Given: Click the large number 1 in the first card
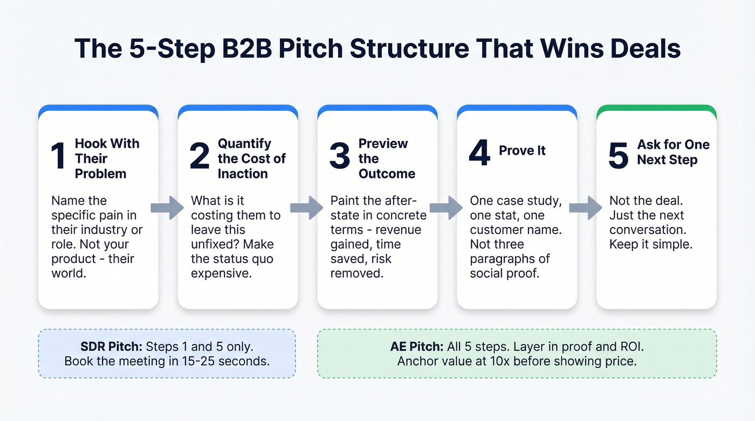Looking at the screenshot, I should click(58, 156).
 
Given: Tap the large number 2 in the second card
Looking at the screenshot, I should click(200, 156).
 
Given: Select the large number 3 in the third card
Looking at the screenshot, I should click(340, 156).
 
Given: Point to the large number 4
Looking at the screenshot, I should click(479, 153).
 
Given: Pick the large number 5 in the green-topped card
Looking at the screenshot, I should click(618, 155).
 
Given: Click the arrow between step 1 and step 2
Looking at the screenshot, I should click(168, 208).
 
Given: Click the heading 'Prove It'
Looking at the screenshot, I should click(522, 150).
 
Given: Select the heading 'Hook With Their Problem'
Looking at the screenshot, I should click(107, 158).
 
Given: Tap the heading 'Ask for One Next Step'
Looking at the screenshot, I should click(673, 152).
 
